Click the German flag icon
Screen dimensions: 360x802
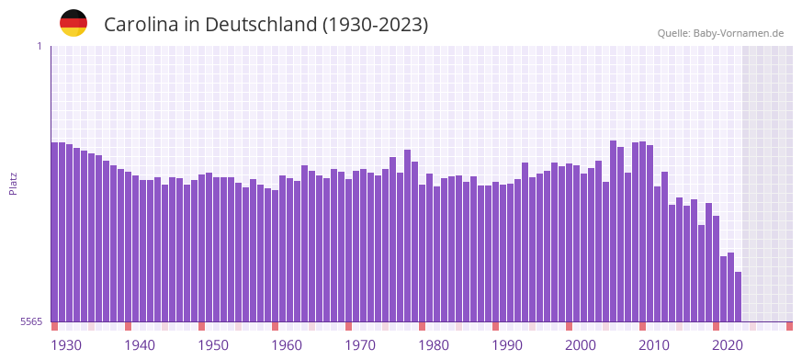pyautogui.click(x=73, y=23)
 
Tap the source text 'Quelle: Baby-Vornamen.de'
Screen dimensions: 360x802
pyautogui.click(x=720, y=33)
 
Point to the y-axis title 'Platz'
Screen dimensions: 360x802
pyautogui.click(x=13, y=184)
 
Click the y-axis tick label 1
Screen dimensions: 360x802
pyautogui.click(x=39, y=46)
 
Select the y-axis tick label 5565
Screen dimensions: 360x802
pyautogui.click(x=31, y=321)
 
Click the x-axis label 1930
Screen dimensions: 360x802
pyautogui.click(x=66, y=345)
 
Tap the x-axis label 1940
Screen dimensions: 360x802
pyautogui.click(x=140, y=345)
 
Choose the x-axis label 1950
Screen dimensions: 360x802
pyautogui.click(x=213, y=345)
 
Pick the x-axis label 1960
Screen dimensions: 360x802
pyautogui.click(x=287, y=345)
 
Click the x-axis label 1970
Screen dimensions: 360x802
pyautogui.click(x=360, y=345)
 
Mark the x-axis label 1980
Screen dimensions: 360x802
pyautogui.click(x=434, y=345)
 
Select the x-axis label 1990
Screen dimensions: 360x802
pyautogui.click(x=507, y=345)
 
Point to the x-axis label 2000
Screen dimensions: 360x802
pyautogui.click(x=581, y=345)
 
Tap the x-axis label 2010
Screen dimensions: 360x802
pyautogui.click(x=654, y=345)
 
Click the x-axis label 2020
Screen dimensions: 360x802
pyautogui.click(x=728, y=345)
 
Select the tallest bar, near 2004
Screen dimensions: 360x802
pyautogui.click(x=613, y=230)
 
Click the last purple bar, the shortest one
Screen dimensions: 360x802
pyautogui.click(x=738, y=297)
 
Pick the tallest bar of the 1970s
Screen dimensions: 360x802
pyautogui.click(x=407, y=235)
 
